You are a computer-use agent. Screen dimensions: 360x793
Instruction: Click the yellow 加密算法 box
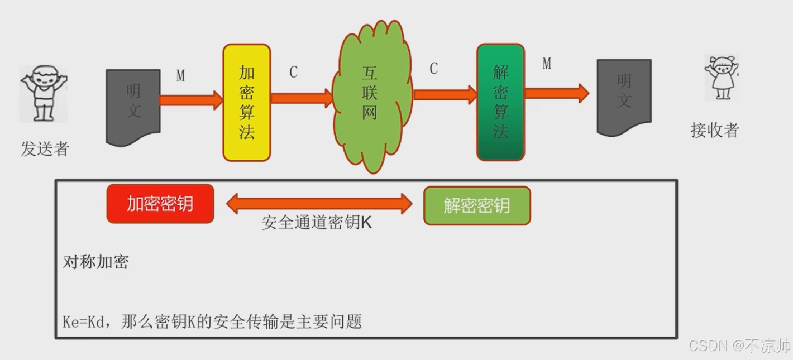247,103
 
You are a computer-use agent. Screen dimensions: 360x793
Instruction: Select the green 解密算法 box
500,103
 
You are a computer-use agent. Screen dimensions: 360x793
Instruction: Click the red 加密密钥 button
160,204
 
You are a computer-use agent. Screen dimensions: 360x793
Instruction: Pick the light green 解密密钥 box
477,205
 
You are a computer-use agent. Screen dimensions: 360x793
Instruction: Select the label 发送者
45,149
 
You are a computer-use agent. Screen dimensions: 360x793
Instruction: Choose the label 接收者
715,130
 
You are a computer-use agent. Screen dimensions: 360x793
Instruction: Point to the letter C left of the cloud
293,72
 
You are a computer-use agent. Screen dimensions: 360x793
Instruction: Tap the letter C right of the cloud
433,69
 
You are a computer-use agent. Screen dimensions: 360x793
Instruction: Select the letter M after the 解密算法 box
547,64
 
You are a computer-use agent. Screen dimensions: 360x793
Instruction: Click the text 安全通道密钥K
317,223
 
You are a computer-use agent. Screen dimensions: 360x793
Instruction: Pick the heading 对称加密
96,262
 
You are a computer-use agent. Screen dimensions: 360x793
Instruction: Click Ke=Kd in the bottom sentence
84,322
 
